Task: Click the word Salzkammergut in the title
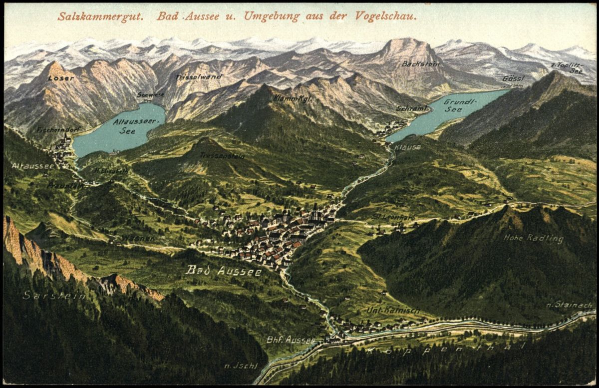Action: (100, 16)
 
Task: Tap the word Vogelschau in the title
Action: (385, 16)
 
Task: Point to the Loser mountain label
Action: (61, 78)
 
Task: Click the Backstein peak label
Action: (420, 64)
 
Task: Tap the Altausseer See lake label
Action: (129, 126)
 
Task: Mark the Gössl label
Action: (513, 79)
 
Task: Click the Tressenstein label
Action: (222, 155)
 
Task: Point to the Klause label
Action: (407, 147)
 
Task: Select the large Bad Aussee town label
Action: (223, 271)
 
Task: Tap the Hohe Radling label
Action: (533, 238)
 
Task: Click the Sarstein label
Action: (53, 295)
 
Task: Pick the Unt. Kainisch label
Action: (393, 310)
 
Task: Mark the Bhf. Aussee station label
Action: (291, 340)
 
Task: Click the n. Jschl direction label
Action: (241, 366)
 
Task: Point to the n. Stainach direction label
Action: (569, 305)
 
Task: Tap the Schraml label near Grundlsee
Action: (412, 108)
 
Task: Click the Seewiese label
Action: (150, 94)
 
